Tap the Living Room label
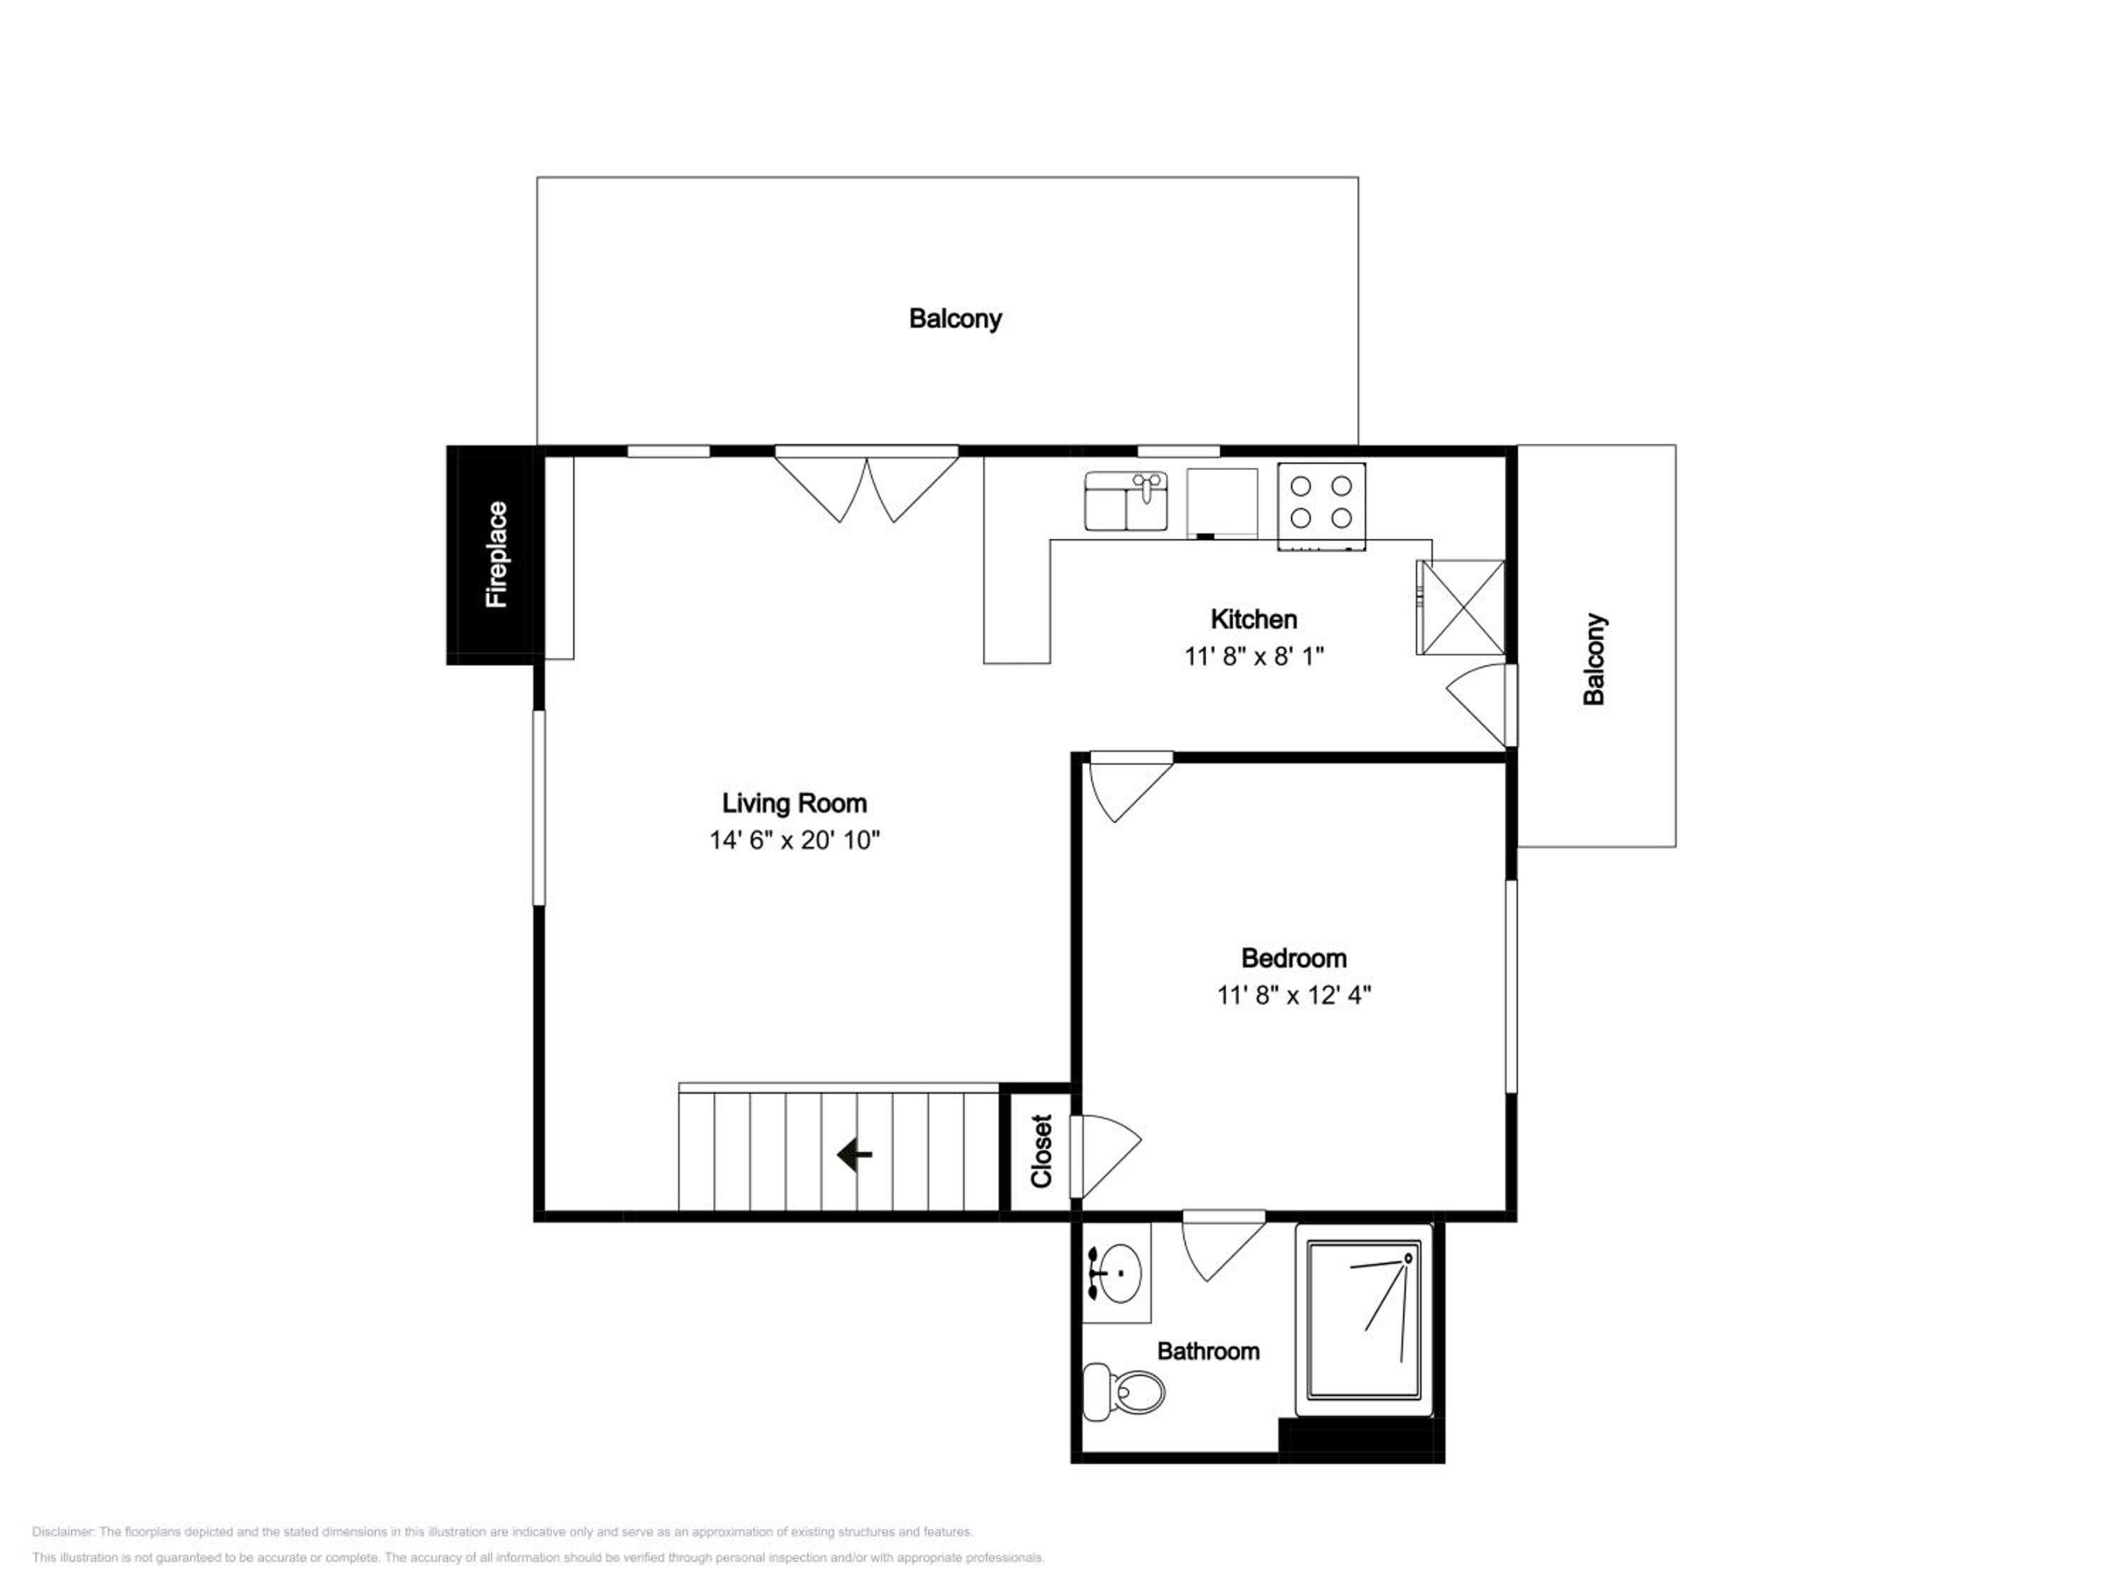coord(794,803)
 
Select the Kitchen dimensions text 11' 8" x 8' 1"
coord(1255,656)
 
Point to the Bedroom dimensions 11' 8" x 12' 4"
coord(1294,994)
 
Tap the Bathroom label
coord(1208,1352)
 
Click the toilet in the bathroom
coord(1124,1391)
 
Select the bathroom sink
coord(1119,1273)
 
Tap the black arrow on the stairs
coord(854,1154)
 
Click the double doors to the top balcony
coord(867,485)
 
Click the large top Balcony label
coord(955,318)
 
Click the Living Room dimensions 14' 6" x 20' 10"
coord(794,840)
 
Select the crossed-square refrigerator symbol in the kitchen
coord(1461,608)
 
